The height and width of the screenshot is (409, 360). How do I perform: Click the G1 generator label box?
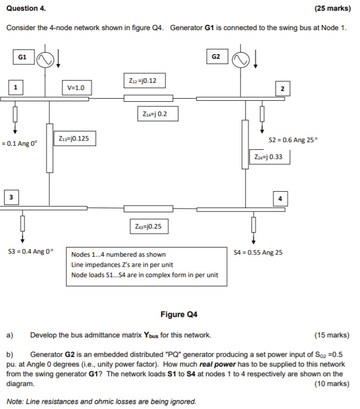(x=21, y=57)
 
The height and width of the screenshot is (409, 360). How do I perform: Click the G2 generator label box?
(x=217, y=57)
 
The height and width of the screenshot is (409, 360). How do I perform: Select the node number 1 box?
(x=16, y=87)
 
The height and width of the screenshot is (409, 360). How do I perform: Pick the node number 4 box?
(x=280, y=198)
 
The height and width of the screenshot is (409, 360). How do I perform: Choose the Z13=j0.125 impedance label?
(x=75, y=138)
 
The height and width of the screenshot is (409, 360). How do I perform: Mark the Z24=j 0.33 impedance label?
(x=269, y=157)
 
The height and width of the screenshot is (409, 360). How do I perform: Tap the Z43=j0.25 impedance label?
(x=149, y=226)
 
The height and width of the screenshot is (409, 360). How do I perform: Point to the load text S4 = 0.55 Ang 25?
(x=257, y=252)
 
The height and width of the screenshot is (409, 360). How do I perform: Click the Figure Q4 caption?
(x=179, y=314)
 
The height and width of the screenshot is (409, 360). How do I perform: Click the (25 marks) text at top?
(x=332, y=9)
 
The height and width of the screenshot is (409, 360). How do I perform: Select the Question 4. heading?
(x=26, y=9)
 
